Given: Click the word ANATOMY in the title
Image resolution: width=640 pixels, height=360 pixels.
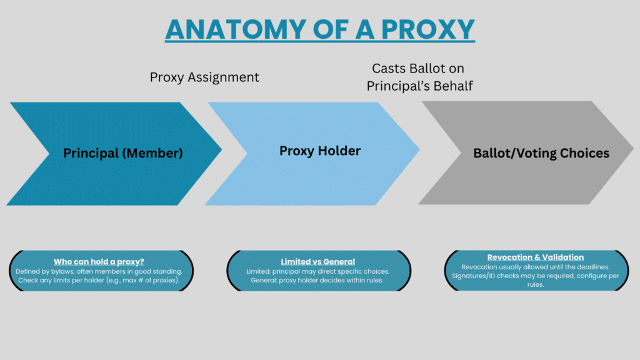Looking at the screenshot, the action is [236, 29].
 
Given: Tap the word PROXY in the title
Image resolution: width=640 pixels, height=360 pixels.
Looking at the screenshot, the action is [427, 29].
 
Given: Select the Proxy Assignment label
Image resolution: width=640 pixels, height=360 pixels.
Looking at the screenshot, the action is [204, 77].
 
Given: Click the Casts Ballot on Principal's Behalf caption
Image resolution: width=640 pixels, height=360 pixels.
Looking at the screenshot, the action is [419, 77].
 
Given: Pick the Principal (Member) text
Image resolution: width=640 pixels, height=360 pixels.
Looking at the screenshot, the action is [123, 153].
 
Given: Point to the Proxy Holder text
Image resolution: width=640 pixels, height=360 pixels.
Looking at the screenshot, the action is [320, 151].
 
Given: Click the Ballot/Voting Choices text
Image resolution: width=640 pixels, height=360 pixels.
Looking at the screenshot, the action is [541, 153].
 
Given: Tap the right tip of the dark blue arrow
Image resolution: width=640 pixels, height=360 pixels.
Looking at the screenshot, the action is [222, 149].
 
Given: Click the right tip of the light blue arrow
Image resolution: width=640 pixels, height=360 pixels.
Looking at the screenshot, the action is [419, 149].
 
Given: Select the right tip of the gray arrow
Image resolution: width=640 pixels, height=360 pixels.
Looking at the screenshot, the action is [634, 149].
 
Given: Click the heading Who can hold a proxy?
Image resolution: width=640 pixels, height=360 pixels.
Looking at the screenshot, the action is [99, 262].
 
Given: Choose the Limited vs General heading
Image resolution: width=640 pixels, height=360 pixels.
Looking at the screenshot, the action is [318, 262].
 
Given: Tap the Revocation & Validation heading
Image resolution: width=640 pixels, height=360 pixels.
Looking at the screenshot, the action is [536, 257].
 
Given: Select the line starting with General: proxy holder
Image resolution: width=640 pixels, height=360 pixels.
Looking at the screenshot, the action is [317, 281].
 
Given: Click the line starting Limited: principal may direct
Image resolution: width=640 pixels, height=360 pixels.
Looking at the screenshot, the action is [318, 271].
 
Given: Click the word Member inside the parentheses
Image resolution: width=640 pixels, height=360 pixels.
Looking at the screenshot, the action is [152, 153].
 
